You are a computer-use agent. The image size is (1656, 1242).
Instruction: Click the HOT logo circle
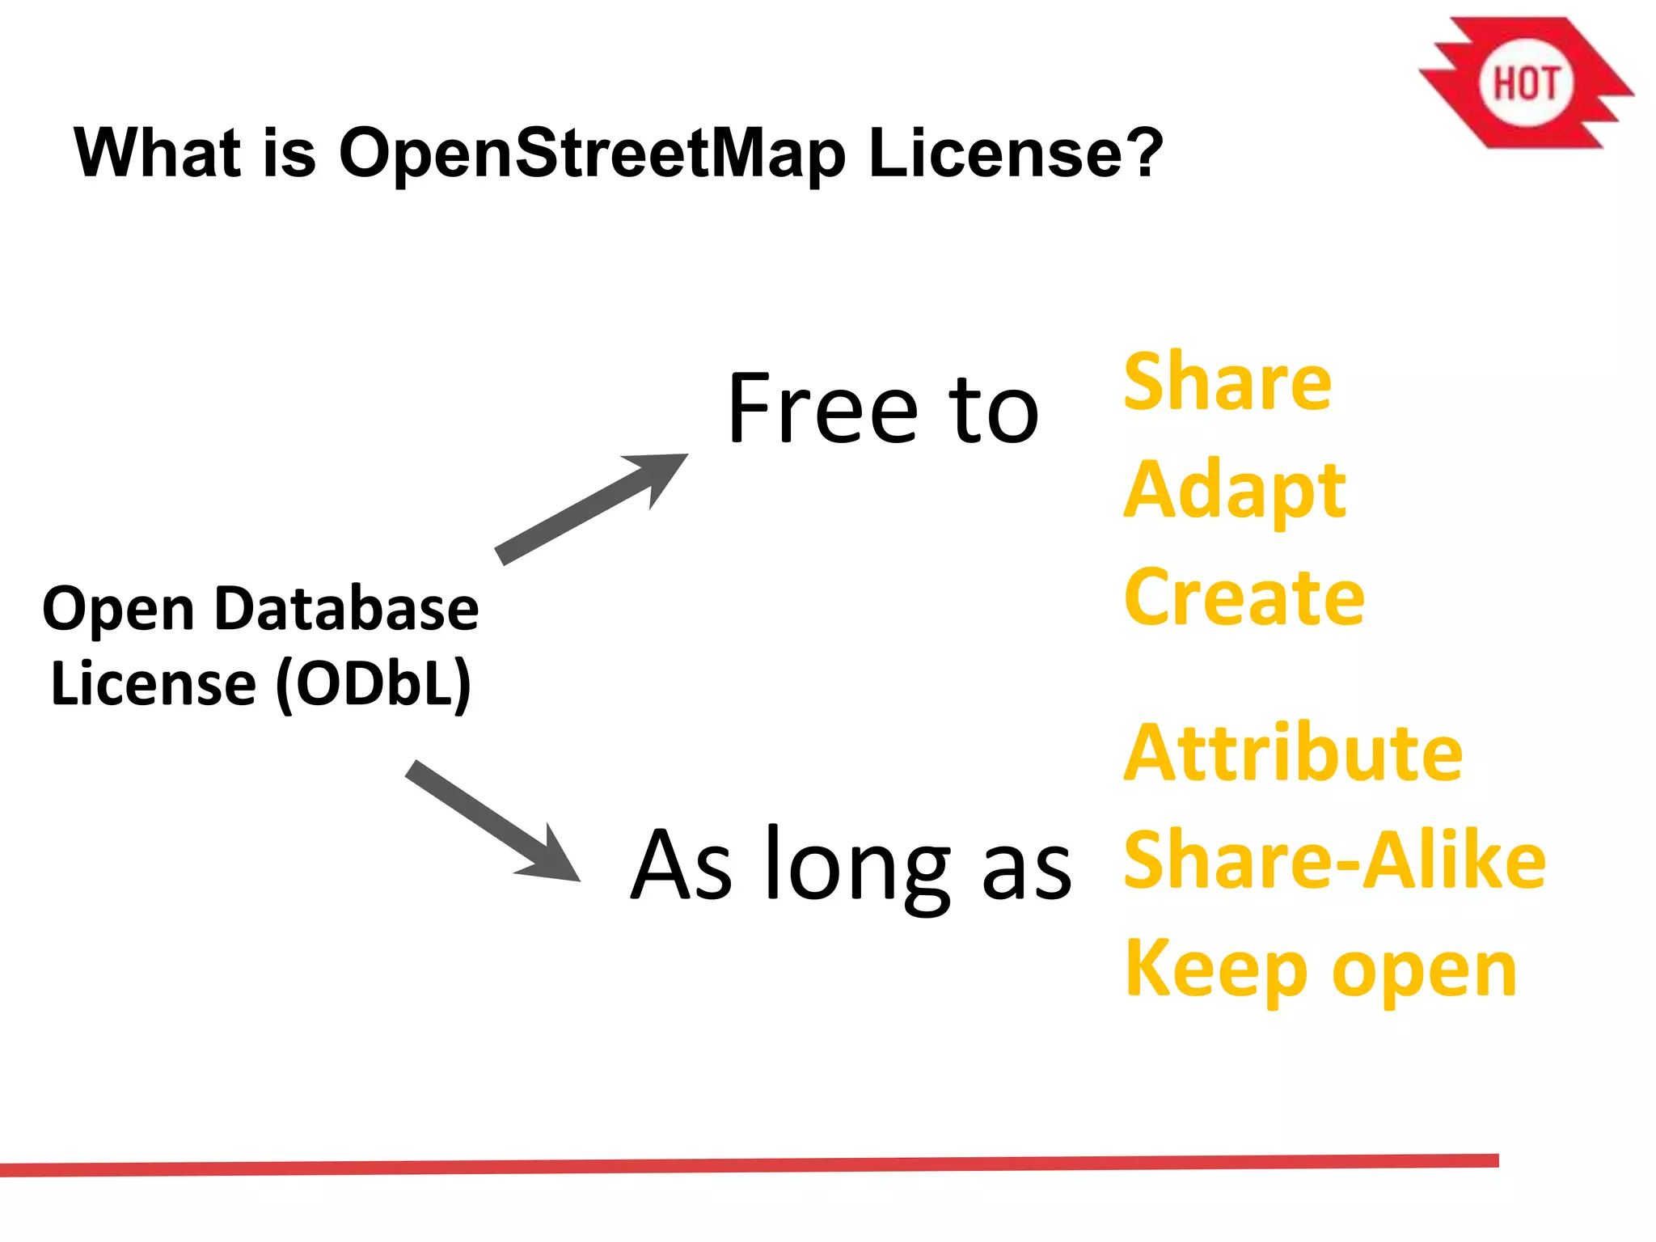[x=1525, y=83]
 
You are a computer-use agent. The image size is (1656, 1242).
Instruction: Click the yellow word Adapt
[x=1235, y=490]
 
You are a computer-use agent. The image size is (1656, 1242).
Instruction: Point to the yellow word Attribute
[x=1293, y=753]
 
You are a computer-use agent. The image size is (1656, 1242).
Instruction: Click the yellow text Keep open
[x=1320, y=970]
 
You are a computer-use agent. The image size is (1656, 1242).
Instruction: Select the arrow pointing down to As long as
[x=492, y=820]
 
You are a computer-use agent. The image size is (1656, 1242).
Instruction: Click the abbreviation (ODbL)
[x=374, y=684]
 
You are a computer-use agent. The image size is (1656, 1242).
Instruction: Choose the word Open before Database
[x=118, y=610]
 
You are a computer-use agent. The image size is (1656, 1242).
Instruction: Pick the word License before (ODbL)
[x=153, y=684]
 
